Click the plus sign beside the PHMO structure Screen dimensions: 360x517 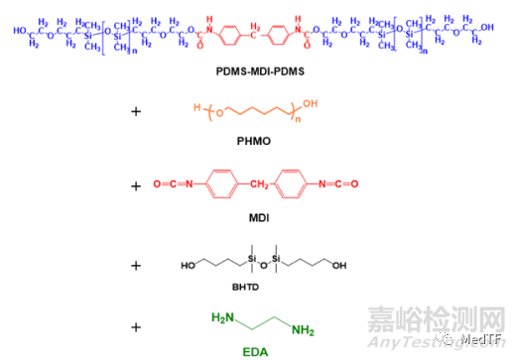click(x=136, y=112)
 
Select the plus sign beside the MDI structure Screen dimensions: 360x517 click(x=136, y=185)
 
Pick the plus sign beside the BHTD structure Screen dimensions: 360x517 click(x=136, y=263)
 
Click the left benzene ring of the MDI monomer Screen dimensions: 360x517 click(x=220, y=185)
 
